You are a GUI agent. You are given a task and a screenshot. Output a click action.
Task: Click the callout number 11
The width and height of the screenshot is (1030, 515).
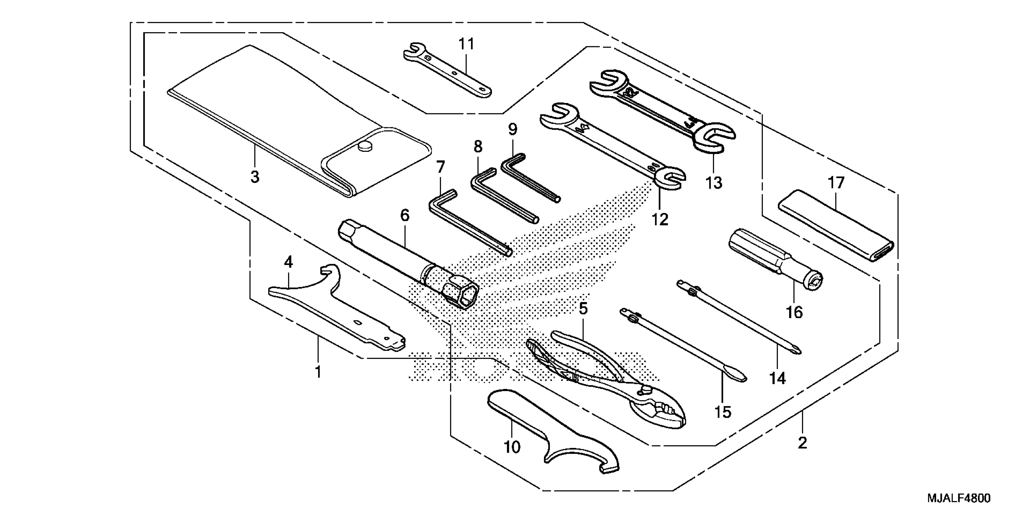click(x=466, y=44)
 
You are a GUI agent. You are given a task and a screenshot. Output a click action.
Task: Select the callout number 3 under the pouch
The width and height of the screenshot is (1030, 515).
click(x=255, y=176)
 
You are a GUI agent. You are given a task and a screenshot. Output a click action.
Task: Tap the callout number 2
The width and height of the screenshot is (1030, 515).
click(x=802, y=443)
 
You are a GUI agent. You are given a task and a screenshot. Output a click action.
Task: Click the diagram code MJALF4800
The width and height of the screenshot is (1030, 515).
click(x=959, y=499)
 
